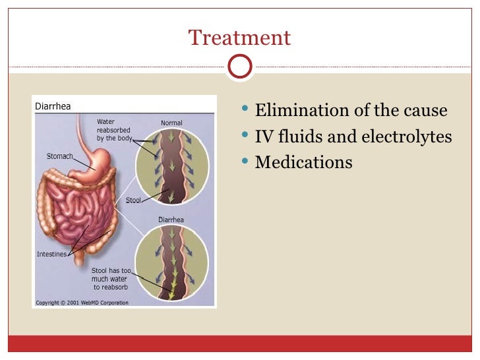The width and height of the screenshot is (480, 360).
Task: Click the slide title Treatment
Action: [239, 38]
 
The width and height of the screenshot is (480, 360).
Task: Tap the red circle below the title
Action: [239, 66]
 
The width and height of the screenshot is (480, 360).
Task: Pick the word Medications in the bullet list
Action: [303, 162]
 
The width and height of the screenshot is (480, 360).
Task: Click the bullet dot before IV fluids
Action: [246, 135]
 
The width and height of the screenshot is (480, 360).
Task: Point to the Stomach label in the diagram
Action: [59, 157]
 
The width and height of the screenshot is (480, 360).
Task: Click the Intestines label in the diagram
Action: [51, 254]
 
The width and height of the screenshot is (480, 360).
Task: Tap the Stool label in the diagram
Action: [133, 200]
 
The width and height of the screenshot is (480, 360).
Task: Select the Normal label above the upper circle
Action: [171, 123]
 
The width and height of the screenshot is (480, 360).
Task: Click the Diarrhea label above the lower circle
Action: [171, 220]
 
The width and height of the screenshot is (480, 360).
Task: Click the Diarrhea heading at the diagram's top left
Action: [53, 106]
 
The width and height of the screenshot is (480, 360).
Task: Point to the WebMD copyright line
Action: [82, 303]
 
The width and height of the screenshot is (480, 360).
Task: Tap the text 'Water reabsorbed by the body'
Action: [114, 131]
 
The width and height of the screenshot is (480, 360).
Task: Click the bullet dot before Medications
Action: [246, 160]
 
